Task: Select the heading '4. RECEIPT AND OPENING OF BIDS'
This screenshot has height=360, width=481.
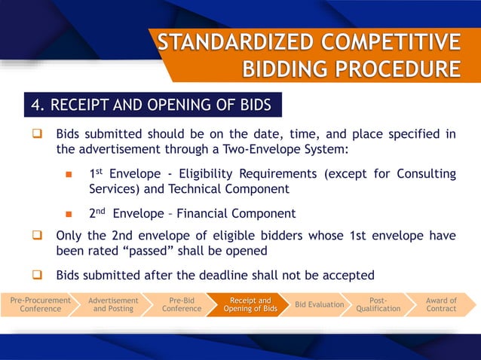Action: [151, 104]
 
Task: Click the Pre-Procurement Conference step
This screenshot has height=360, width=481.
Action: [40, 304]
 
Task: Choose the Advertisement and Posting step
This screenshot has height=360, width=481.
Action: [113, 304]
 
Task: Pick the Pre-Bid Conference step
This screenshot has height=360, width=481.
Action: [182, 304]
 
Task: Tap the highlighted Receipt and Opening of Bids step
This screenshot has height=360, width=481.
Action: [250, 304]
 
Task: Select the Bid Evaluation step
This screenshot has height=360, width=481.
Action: [319, 304]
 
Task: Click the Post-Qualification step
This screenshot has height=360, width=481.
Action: [378, 304]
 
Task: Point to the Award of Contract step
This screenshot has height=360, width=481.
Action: [441, 304]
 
